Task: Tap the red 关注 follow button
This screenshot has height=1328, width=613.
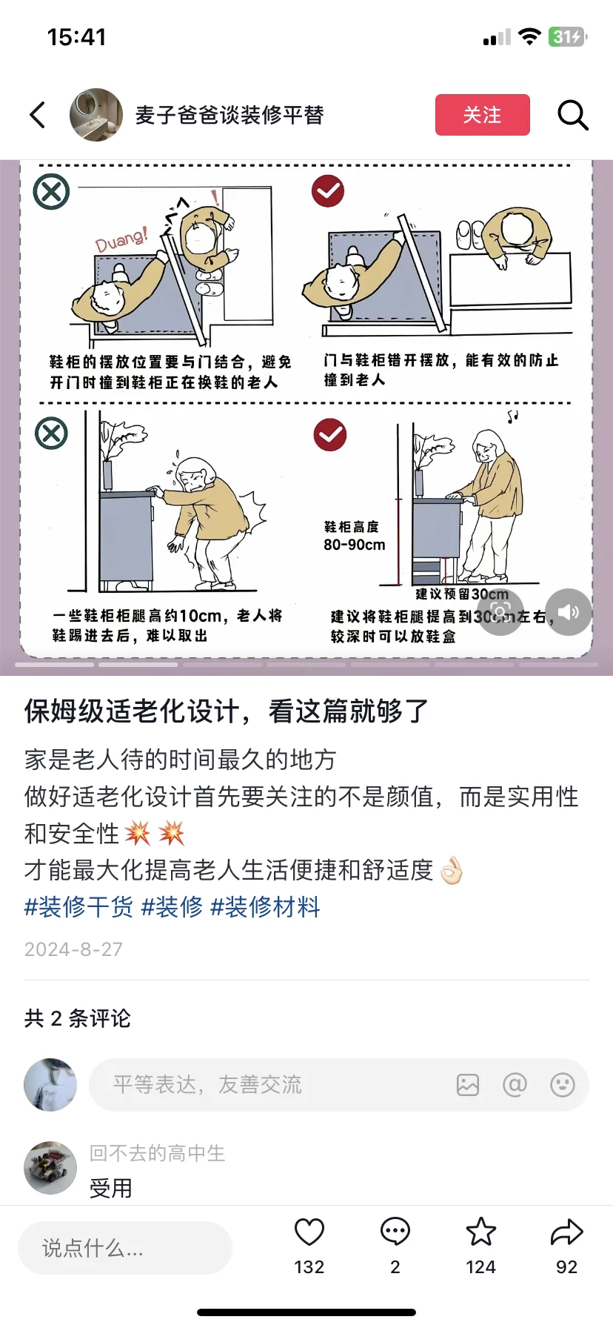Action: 482,115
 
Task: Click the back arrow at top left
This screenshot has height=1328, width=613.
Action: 38,115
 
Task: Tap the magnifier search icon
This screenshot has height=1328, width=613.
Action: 572,115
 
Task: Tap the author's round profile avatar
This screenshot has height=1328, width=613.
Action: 96,115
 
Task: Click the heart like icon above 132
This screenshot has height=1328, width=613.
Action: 309,1232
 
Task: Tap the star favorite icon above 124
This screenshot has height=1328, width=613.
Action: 480,1232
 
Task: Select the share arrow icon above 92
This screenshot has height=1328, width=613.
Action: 567,1232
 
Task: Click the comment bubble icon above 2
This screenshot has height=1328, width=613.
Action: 395,1232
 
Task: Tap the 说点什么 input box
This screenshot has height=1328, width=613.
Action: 124,1248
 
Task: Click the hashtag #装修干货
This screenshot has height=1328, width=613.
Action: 78,906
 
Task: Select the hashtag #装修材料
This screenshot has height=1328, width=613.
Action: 265,906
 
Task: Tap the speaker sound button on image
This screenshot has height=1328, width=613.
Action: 569,612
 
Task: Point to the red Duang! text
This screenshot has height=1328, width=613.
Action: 121,239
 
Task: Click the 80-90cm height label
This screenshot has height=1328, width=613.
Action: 354,545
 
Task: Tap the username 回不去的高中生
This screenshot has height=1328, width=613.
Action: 157,1153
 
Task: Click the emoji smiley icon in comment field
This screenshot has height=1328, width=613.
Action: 563,1085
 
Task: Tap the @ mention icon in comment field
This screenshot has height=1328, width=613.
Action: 515,1085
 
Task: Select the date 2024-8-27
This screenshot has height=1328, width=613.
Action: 73,949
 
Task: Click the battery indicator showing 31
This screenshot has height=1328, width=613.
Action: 567,36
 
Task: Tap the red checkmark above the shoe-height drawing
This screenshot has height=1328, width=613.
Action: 329,435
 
